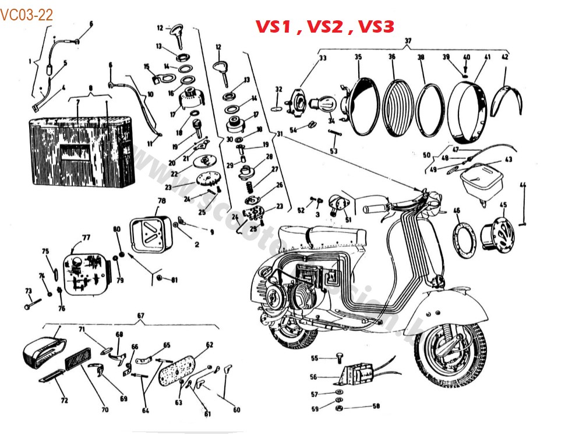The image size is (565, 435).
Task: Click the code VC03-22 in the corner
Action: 27,15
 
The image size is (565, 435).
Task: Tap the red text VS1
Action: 274,27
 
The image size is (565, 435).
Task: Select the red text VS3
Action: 376,27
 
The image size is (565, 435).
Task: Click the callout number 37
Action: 408,40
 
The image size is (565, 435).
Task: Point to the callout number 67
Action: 140,315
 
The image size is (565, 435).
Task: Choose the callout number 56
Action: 313,377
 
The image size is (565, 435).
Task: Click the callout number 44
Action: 522,185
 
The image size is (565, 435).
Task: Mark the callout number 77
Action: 86,237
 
